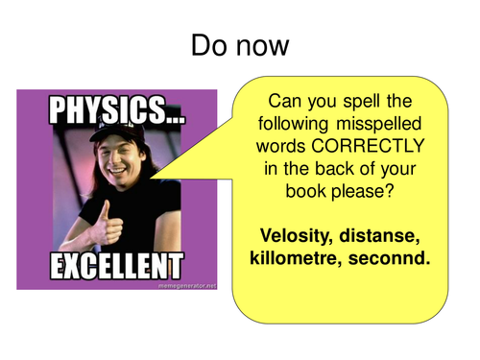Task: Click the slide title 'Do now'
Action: coord(239,44)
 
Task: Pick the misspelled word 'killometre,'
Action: coord(299,259)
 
